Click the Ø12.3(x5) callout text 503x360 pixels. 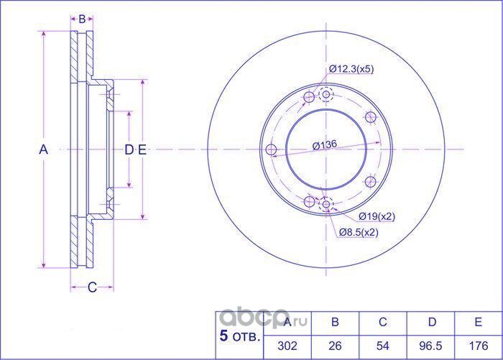[351, 69]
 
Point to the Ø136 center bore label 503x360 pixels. [325, 144]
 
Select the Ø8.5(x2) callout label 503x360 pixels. [359, 231]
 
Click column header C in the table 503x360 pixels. [383, 323]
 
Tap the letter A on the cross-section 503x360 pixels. [42, 149]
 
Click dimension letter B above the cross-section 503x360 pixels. [82, 18]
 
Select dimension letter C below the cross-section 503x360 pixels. [92, 288]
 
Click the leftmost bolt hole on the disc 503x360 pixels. [271, 149]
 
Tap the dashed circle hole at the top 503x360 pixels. [326, 94]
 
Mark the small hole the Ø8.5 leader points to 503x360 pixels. [327, 206]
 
